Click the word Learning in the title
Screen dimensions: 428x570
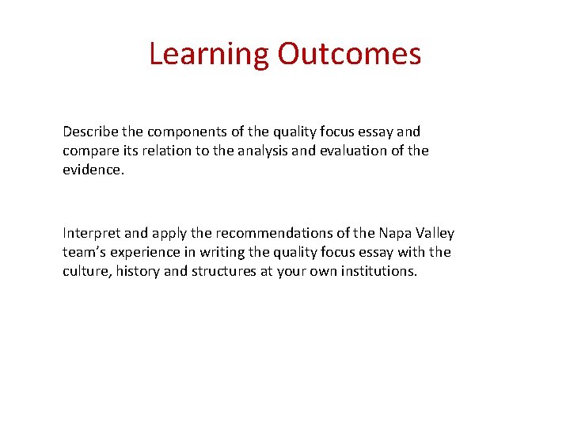(x=209, y=54)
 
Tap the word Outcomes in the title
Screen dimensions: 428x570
(x=348, y=54)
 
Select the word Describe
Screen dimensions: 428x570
(x=89, y=132)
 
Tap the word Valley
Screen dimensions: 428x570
(x=435, y=233)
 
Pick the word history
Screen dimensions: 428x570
(x=138, y=271)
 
